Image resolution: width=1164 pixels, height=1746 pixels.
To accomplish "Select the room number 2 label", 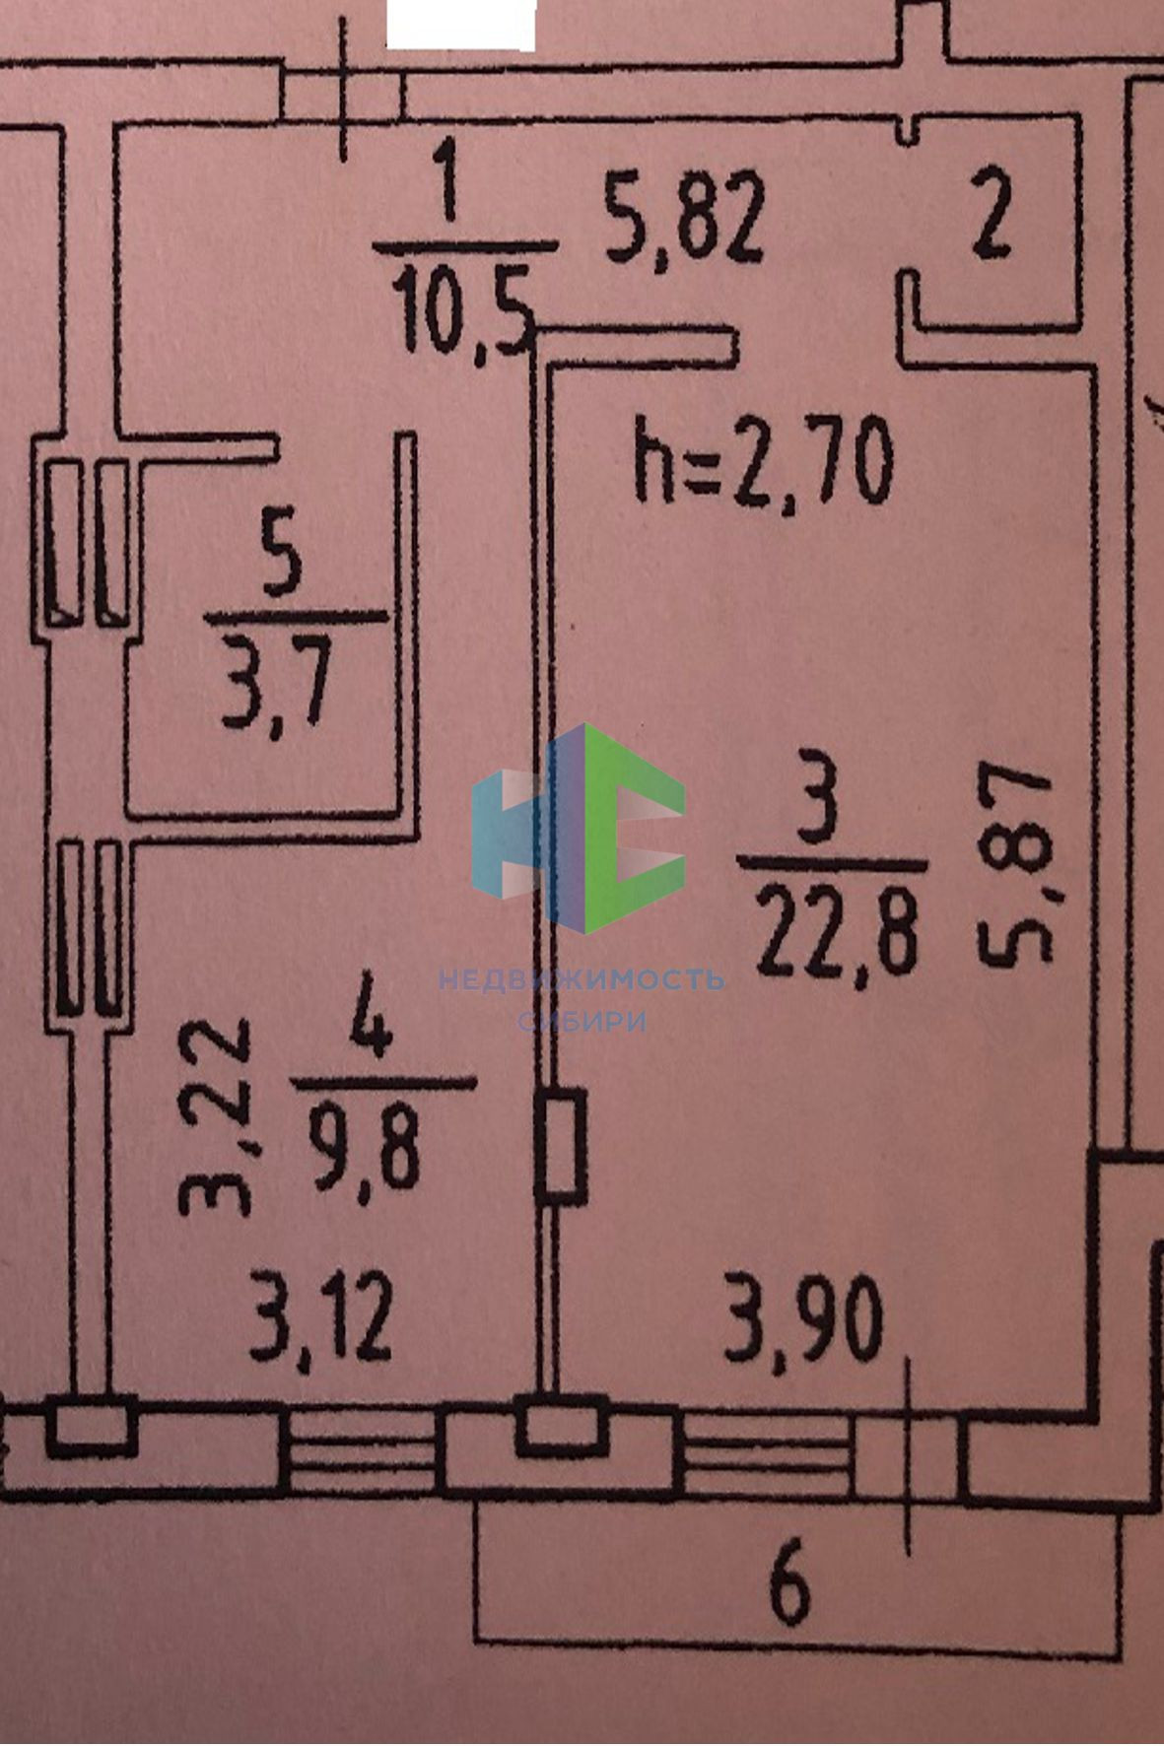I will [992, 223].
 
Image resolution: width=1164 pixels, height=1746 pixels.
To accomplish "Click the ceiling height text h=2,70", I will [763, 460].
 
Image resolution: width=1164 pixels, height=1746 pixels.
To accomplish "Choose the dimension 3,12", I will [321, 1316].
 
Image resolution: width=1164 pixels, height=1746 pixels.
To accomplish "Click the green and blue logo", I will [579, 829].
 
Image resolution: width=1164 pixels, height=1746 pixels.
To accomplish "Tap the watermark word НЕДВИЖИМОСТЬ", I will [582, 979].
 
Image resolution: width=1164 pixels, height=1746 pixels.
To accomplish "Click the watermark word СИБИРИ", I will [582, 1021].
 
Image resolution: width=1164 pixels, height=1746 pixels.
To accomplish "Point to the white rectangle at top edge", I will [460, 24].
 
